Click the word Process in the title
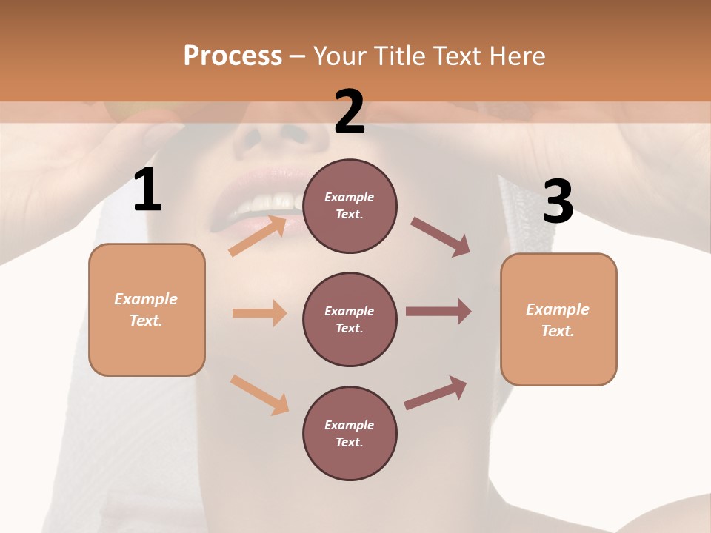click(233, 56)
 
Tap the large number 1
click(147, 190)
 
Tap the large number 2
click(350, 112)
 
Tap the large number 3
click(558, 201)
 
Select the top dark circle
click(350, 206)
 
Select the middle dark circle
click(350, 320)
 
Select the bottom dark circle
click(350, 434)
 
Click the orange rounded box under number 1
click(147, 309)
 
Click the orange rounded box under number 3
click(558, 320)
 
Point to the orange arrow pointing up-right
click(258, 235)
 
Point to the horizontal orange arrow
click(259, 313)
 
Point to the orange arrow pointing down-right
click(259, 395)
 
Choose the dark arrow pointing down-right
click(441, 237)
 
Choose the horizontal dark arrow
click(438, 312)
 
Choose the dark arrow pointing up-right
click(435, 393)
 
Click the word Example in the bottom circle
click(350, 425)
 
